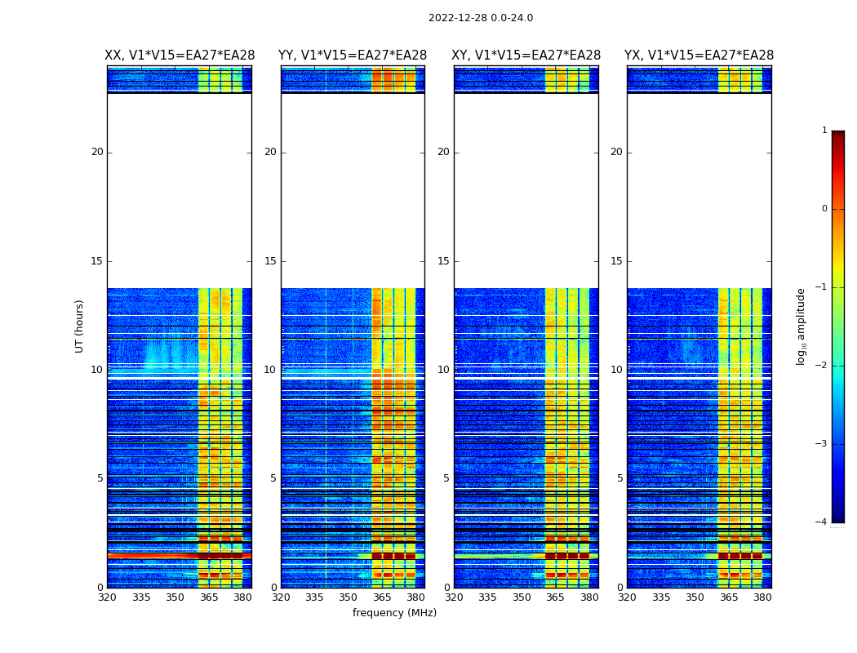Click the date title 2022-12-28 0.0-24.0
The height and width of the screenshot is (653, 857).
[x=480, y=18]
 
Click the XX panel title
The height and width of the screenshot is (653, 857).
[x=179, y=56]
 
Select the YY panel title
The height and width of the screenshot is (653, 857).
[x=353, y=56]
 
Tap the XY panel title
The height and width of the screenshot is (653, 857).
[x=526, y=56]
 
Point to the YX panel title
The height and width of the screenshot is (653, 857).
[x=699, y=56]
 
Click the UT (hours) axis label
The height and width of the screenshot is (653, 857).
[x=80, y=326]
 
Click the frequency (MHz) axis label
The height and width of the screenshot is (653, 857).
[x=394, y=613]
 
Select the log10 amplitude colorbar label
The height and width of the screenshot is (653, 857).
[x=801, y=326]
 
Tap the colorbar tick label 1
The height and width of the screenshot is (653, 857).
[x=824, y=131]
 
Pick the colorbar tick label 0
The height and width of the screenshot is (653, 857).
[x=824, y=209]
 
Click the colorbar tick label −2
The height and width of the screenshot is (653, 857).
[x=823, y=366]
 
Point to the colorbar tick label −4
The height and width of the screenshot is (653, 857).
[x=823, y=522]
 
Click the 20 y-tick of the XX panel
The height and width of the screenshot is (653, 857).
[x=97, y=152]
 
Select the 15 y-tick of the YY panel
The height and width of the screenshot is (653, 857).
[x=270, y=261]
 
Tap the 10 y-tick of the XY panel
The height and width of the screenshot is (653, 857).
[x=443, y=370]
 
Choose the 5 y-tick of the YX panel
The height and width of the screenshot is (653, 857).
[x=620, y=478]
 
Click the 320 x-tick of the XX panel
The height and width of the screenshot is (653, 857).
[x=107, y=597]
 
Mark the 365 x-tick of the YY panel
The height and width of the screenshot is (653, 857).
[x=382, y=597]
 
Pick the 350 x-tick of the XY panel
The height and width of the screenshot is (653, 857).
[x=522, y=597]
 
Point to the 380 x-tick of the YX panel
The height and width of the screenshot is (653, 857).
[x=762, y=597]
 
